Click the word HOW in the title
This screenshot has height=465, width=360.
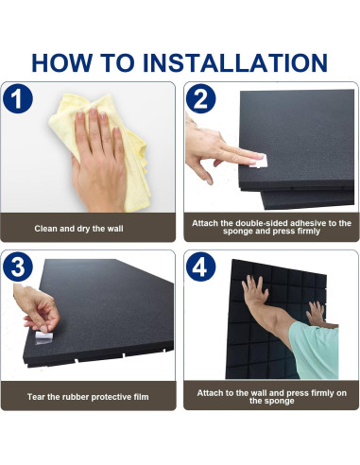[61, 62]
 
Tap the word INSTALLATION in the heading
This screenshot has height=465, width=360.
[235, 62]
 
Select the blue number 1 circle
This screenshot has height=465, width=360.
[18, 98]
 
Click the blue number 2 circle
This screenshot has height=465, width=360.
[200, 98]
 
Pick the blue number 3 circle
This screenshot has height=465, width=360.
[18, 267]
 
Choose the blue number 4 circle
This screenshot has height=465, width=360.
[200, 267]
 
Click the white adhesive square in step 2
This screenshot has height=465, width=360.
[259, 161]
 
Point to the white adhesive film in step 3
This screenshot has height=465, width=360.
[43, 336]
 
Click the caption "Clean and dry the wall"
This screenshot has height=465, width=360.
[78, 229]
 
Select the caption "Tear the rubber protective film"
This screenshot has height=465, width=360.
[88, 397]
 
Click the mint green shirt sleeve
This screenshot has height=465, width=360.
[314, 350]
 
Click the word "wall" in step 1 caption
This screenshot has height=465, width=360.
[114, 229]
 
